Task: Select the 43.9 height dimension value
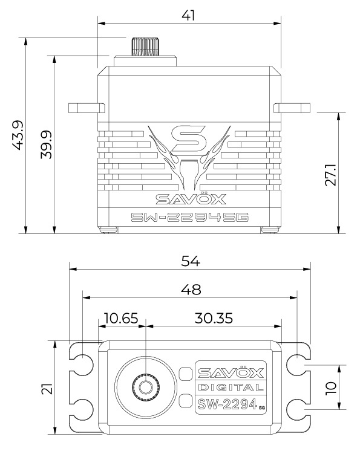coord(18,136)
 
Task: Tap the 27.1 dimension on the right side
coord(330,173)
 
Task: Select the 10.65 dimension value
coord(121,317)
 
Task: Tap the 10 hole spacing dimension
coord(330,387)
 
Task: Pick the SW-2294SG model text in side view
coord(189,218)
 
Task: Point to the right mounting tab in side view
coord(293,108)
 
